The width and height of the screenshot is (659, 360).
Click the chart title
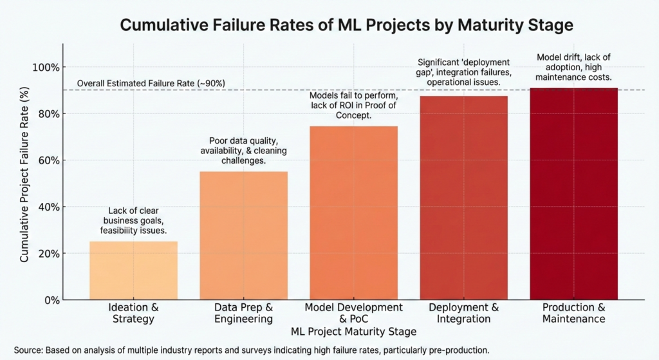(x=347, y=26)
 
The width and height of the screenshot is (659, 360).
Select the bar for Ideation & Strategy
(x=133, y=270)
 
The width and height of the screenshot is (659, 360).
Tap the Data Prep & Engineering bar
(x=243, y=235)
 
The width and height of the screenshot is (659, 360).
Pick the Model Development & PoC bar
(x=353, y=213)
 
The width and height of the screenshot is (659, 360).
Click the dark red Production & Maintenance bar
(x=573, y=193)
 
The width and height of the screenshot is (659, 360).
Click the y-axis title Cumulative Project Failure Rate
(x=24, y=184)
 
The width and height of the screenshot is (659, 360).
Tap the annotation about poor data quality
(x=243, y=151)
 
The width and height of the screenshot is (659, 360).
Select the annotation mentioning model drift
(x=573, y=67)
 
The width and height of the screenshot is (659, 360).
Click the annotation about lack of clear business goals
(x=133, y=220)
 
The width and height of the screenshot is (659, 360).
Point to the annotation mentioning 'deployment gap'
(x=463, y=72)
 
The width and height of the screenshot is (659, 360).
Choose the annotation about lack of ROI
(x=353, y=106)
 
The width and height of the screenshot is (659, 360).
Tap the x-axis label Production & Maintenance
(x=573, y=313)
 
